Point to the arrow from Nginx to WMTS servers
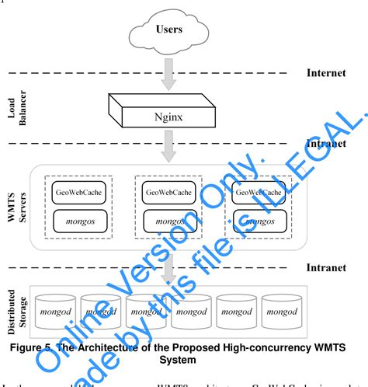[x=170, y=144]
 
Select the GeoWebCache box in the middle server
[x=170, y=192]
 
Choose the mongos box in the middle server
[x=170, y=221]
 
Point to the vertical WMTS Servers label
[x=16, y=206]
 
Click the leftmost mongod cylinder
[x=55, y=311]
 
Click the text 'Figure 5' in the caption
[x=45, y=345]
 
